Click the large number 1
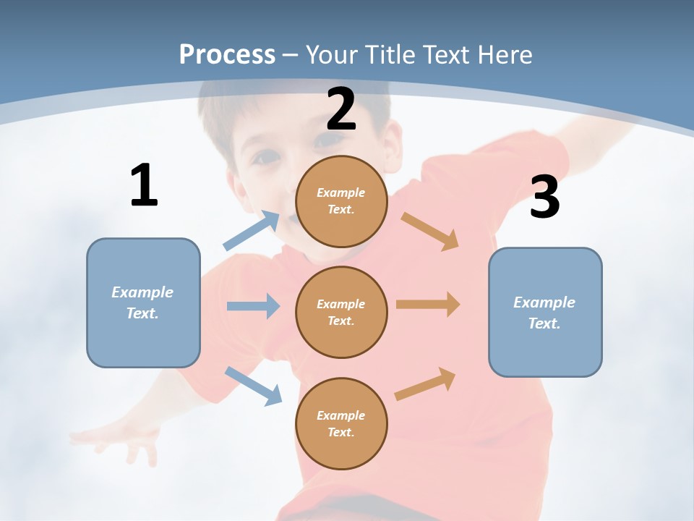(144, 185)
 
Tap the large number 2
(341, 109)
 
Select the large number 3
(545, 197)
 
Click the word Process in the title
(227, 54)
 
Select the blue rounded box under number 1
(143, 302)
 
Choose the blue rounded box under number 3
(545, 312)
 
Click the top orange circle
(341, 200)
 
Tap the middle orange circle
(341, 312)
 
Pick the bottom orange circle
(341, 423)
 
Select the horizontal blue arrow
(253, 306)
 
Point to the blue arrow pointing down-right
(254, 386)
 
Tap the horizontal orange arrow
(428, 305)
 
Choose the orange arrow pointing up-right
(426, 384)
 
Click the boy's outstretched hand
(116, 438)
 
